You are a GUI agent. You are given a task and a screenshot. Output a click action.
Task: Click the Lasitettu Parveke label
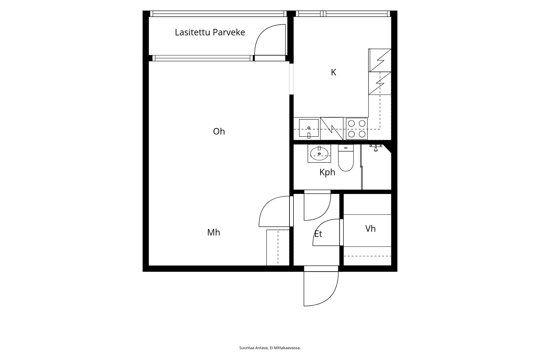tap(210, 32)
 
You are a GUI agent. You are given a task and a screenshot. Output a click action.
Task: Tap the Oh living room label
tap(219, 132)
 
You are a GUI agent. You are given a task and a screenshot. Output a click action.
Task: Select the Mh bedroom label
tap(214, 233)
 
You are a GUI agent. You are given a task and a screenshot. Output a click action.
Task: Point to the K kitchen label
tap(333, 72)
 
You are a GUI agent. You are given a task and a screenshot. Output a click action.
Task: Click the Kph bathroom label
tap(327, 172)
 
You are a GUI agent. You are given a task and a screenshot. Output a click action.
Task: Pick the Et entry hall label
tap(318, 234)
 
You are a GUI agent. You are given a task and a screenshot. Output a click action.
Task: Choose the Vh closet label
tap(370, 229)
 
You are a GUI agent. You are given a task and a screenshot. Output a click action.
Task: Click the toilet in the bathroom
tap(346, 158)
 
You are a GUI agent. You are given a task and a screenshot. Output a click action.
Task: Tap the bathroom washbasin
tap(319, 153)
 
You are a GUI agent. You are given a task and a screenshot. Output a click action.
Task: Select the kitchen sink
tap(309, 128)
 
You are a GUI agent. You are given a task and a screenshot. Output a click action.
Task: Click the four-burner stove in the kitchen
tap(357, 129)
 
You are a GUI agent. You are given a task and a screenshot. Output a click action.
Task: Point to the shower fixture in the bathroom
tap(376, 147)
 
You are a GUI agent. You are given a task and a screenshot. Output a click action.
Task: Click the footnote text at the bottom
tap(270, 348)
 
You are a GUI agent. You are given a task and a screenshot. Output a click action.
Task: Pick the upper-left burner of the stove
tap(351, 123)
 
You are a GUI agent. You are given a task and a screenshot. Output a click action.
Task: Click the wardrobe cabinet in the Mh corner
tap(278, 248)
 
